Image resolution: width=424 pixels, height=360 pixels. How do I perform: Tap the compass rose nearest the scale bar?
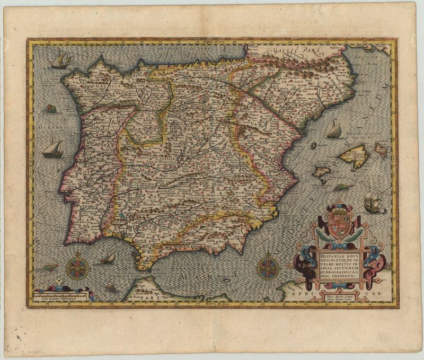77,266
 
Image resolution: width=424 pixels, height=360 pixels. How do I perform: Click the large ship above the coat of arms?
374,202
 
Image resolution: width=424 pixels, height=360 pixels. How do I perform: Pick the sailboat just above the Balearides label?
334,129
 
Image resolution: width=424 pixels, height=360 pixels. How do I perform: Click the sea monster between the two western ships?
51,109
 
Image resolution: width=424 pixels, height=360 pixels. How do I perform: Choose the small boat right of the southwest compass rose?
109,258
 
